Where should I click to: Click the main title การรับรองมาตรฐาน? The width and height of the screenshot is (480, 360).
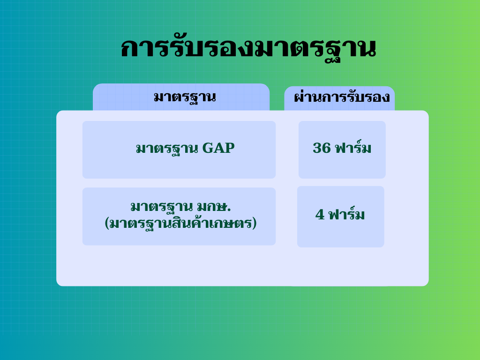pos(248,49)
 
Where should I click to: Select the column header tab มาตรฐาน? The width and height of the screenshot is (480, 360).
pos(181,97)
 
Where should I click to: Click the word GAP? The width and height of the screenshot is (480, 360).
pos(218,148)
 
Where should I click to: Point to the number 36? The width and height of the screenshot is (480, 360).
pos(322,148)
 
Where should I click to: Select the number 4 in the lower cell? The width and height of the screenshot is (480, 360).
pos(320,214)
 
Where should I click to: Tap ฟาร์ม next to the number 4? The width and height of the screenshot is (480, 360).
pos(346,214)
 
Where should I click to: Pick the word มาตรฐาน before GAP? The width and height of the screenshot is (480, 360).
pos(167,149)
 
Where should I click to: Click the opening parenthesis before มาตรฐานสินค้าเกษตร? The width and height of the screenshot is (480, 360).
pos(107,223)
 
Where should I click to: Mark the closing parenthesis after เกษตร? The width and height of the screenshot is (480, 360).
pos(254,223)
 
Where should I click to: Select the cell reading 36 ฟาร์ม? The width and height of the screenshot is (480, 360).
pos(342,150)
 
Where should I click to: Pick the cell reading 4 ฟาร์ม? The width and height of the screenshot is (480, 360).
pos(340,217)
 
